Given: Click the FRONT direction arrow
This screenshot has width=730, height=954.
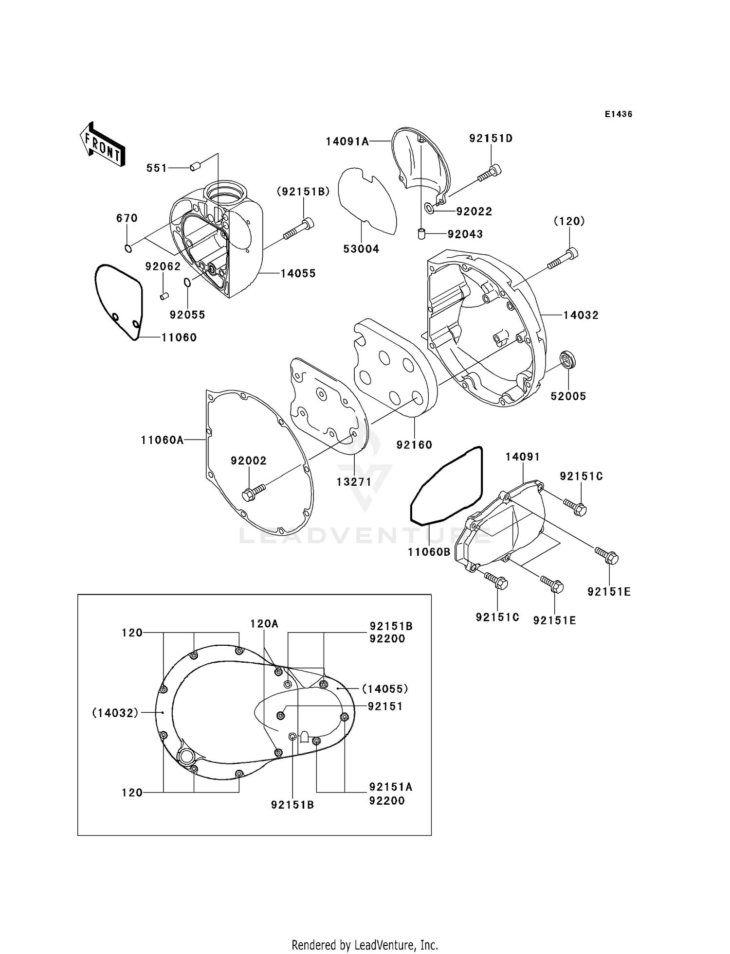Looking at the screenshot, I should point(103,145).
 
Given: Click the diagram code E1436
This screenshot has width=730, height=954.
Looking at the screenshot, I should point(618,114).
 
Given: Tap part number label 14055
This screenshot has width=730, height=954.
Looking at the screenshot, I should point(298,274).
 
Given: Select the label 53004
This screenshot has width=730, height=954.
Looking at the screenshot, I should point(361,249).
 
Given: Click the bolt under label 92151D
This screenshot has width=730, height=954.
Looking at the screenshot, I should point(490,173).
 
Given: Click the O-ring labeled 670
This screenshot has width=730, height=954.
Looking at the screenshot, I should point(128,249).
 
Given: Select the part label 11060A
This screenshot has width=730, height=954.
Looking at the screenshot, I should point(162,440).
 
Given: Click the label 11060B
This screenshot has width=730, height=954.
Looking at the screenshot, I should point(429,552).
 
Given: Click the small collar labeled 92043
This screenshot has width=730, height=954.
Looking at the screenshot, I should point(421,234).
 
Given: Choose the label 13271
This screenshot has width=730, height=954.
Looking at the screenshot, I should point(354,482).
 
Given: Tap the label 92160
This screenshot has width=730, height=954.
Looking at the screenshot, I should point(414,444).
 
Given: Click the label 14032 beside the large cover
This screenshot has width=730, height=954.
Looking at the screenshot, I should point(581,315).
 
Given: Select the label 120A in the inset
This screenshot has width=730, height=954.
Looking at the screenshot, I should point(264,623).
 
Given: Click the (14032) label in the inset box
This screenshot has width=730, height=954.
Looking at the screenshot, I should point(115,713).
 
